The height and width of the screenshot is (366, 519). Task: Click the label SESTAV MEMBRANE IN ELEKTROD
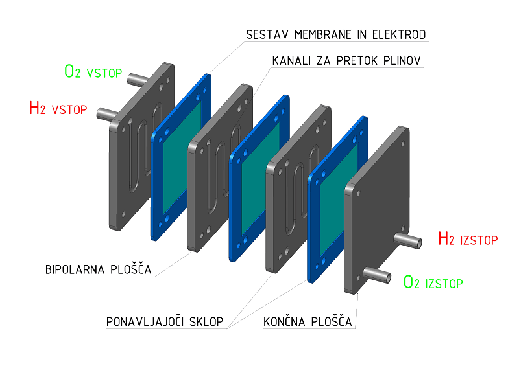coord(335,34)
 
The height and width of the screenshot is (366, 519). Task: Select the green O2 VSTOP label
coord(93,71)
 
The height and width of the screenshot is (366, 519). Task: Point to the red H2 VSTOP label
coord(58,108)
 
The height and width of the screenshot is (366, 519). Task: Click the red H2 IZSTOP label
coord(467,239)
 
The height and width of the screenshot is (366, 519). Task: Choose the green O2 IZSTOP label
coord(433,282)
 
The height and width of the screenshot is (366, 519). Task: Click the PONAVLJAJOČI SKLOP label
coord(165,322)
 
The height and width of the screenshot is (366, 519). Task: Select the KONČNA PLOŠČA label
coord(308,322)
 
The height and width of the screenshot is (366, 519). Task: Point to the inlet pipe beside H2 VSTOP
coord(106,113)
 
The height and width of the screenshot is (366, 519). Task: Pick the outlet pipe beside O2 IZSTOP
coord(379,275)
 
